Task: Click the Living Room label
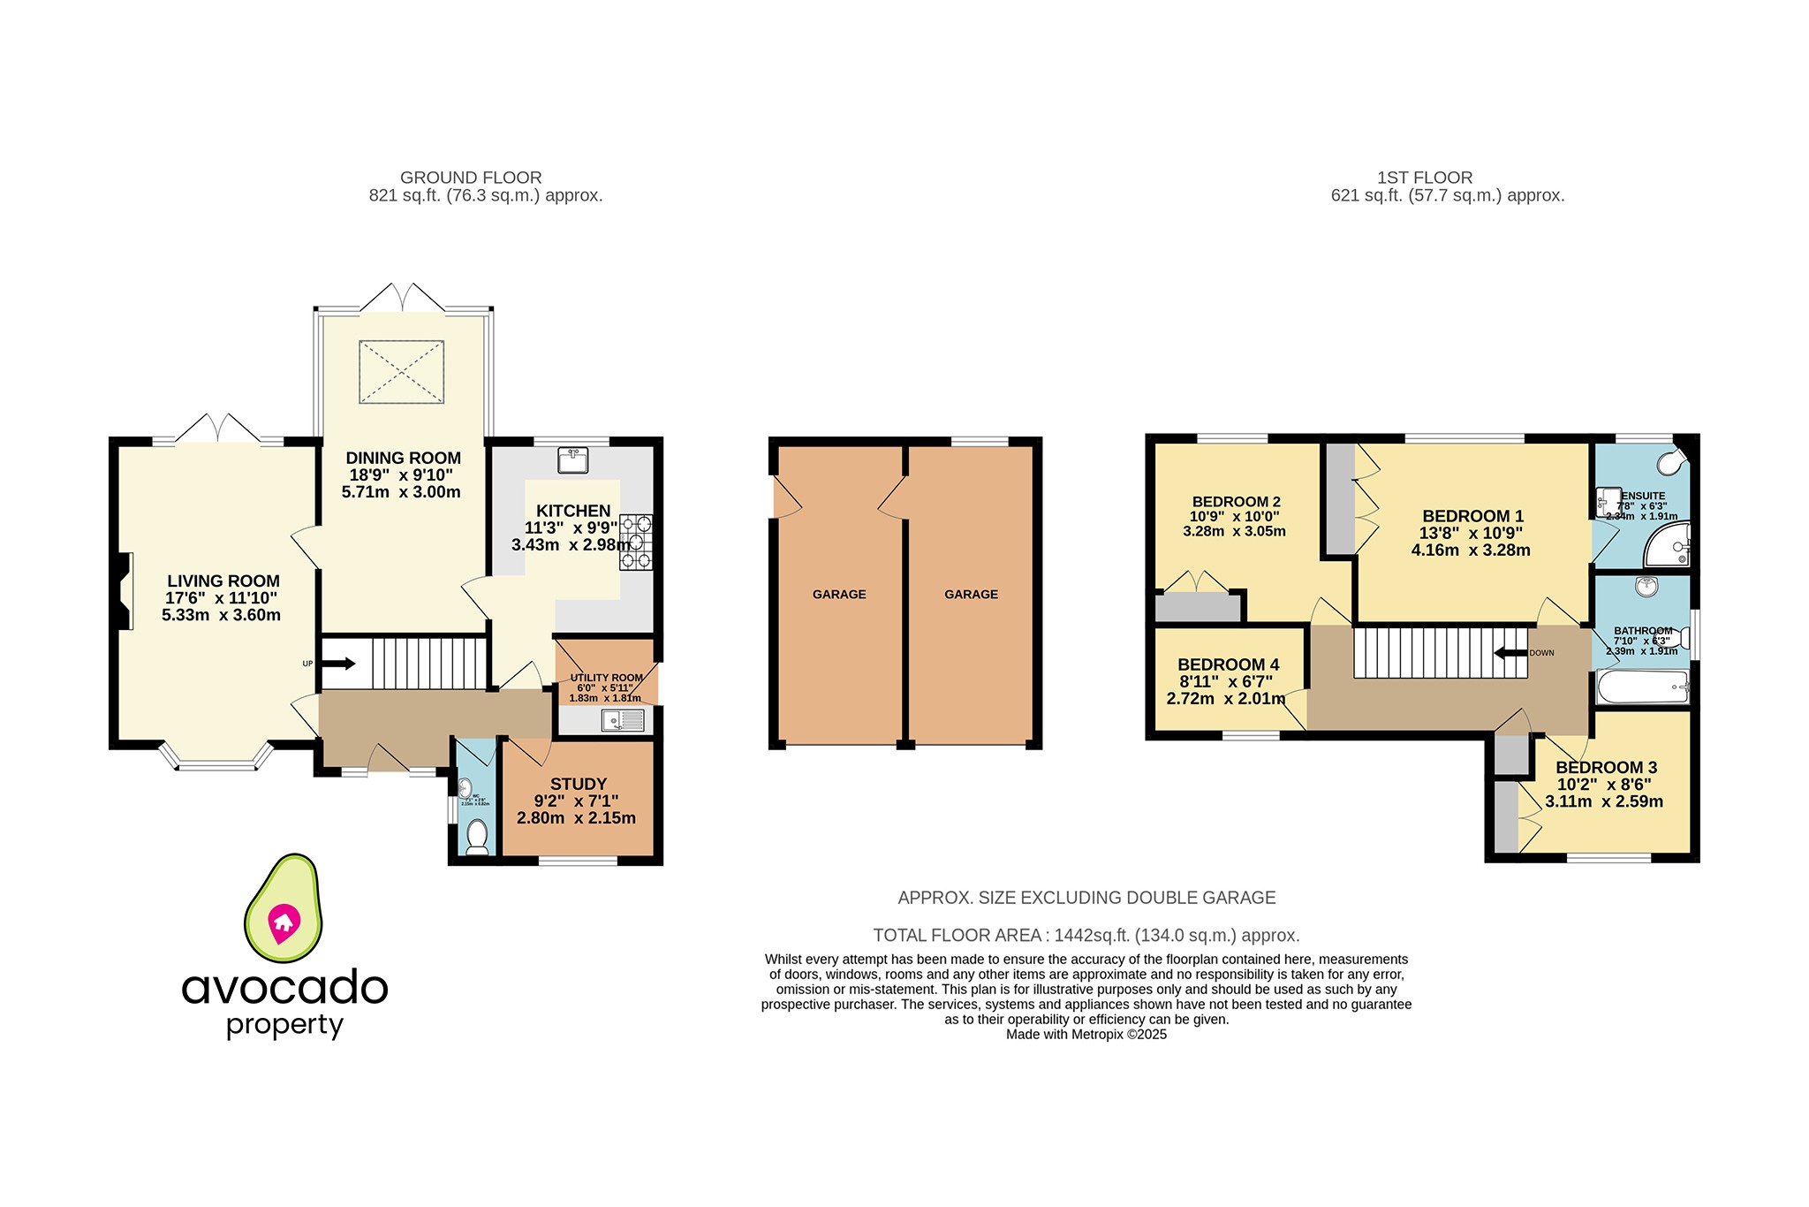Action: click(x=223, y=581)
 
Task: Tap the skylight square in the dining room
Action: click(x=401, y=372)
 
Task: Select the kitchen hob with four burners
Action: click(x=636, y=542)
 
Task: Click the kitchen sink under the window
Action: click(x=573, y=460)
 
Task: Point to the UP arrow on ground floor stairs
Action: click(x=338, y=664)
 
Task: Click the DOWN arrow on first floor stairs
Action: click(x=1510, y=653)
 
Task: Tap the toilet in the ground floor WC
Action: click(x=477, y=836)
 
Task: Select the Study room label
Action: click(x=579, y=784)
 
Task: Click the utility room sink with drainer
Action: click(x=623, y=721)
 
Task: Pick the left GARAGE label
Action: click(x=839, y=595)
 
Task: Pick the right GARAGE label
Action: click(x=971, y=595)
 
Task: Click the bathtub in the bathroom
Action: click(x=1642, y=687)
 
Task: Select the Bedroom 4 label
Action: click(x=1228, y=664)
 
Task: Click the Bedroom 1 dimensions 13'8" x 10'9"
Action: click(x=1471, y=534)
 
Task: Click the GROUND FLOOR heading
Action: click(x=471, y=178)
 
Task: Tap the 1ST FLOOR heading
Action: click(x=1424, y=178)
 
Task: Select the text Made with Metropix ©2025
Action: click(x=1086, y=1035)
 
